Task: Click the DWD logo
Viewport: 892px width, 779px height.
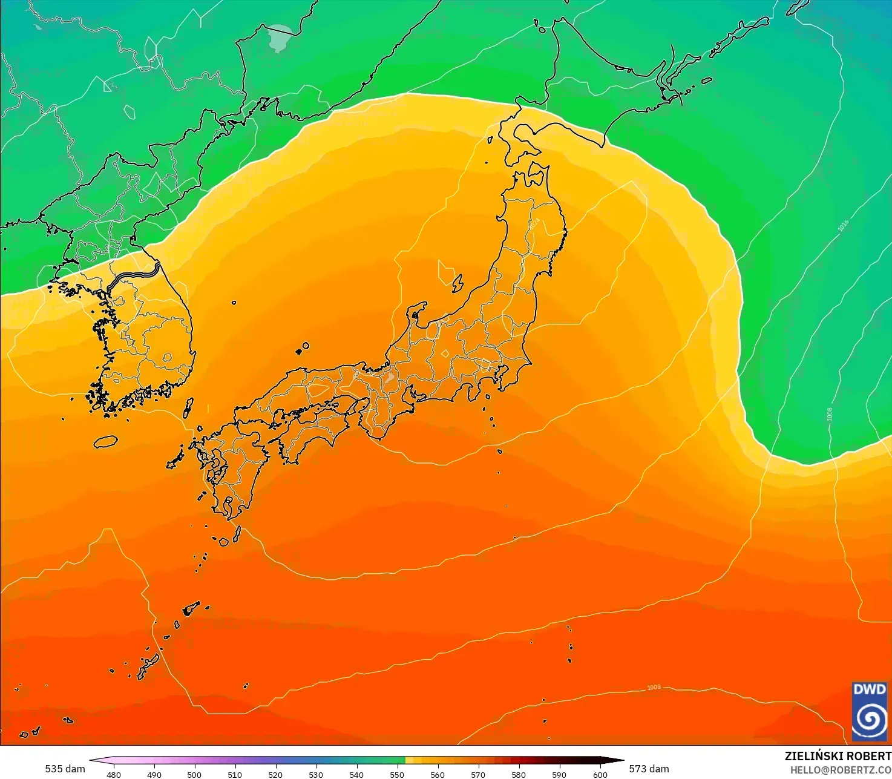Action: pyautogui.click(x=870, y=711)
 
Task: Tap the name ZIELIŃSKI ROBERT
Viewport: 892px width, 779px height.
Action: pyautogui.click(x=838, y=756)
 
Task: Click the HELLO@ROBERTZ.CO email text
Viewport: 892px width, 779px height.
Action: pyautogui.click(x=841, y=769)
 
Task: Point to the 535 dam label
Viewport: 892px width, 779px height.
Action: pyautogui.click(x=65, y=769)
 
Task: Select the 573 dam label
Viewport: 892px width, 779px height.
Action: pyautogui.click(x=649, y=769)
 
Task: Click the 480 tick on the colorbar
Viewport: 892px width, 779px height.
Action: pyautogui.click(x=113, y=774)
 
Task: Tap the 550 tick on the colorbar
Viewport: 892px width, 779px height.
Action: pyautogui.click(x=397, y=774)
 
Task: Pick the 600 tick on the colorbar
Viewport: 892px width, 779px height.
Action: pyautogui.click(x=600, y=774)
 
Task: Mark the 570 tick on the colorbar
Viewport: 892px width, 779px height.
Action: pyautogui.click(x=478, y=774)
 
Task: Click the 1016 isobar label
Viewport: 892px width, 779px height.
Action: pyautogui.click(x=843, y=225)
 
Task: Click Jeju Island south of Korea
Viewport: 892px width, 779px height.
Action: pyautogui.click(x=105, y=442)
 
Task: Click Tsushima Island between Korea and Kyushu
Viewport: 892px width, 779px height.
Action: pyautogui.click(x=188, y=409)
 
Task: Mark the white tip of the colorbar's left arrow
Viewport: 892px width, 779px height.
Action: pyautogui.click(x=91, y=760)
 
